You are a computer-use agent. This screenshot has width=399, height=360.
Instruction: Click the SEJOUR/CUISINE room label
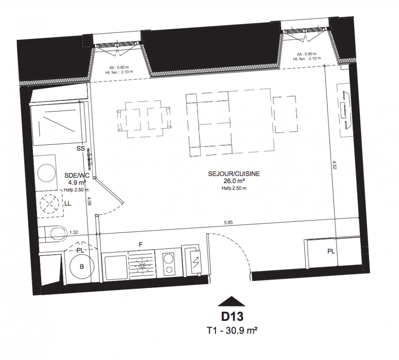click(x=234, y=174)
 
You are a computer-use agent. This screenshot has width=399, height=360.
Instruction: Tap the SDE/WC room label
click(x=77, y=175)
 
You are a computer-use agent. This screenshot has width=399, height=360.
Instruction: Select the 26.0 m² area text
click(x=234, y=181)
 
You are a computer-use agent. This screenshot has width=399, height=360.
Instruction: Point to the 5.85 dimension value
click(x=228, y=222)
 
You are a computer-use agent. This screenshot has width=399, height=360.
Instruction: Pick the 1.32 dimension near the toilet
click(x=73, y=232)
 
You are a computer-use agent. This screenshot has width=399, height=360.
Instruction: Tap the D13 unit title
click(x=232, y=316)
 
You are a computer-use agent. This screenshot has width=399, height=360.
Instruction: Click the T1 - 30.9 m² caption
click(x=232, y=330)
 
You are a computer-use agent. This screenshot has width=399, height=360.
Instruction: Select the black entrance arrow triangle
click(x=231, y=301)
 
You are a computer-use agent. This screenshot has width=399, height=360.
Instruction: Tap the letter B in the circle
click(x=82, y=266)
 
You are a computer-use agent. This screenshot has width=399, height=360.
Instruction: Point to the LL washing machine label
click(x=67, y=203)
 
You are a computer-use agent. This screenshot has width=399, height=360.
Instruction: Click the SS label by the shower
click(x=81, y=148)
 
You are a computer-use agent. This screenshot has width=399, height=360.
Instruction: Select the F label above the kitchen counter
click(x=140, y=245)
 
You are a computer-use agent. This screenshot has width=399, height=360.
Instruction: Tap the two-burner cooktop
click(x=168, y=264)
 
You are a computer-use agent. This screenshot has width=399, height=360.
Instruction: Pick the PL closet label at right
click(x=331, y=251)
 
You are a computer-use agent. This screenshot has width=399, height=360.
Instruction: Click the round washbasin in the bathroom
click(x=47, y=173)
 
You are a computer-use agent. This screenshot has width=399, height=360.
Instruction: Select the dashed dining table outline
click(x=144, y=119)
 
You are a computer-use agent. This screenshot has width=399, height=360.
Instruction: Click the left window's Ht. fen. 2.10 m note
click(x=119, y=72)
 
